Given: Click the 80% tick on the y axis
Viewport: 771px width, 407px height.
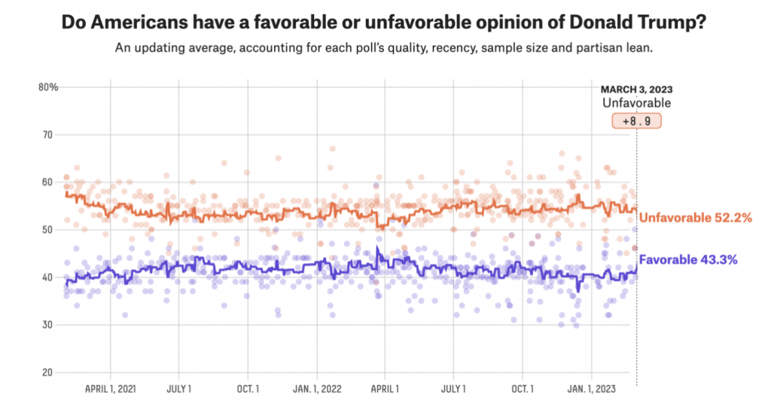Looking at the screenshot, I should [x=48, y=87].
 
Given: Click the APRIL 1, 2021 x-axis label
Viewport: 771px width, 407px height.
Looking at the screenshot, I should [x=110, y=389].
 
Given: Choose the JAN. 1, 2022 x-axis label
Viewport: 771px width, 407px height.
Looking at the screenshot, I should [x=316, y=389].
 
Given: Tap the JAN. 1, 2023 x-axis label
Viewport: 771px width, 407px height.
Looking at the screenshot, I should [x=592, y=389].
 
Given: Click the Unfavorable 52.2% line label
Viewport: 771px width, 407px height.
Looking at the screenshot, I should [x=696, y=218].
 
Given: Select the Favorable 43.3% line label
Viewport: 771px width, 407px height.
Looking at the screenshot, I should [x=687, y=260].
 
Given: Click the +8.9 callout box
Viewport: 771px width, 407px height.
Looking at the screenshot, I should [x=636, y=120].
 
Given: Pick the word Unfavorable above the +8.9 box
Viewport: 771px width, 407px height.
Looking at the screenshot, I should [x=636, y=103].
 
